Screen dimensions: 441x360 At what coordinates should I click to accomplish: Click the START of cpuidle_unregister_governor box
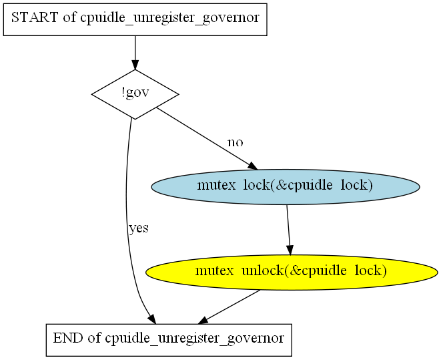(135, 19)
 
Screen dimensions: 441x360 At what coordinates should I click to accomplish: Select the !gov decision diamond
(135, 94)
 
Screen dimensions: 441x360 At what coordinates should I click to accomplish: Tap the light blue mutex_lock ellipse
(286, 187)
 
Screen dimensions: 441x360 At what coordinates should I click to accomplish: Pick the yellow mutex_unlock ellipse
(292, 273)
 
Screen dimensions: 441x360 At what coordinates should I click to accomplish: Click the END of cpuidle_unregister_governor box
(169, 340)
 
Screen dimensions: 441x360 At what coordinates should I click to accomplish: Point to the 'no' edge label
(235, 142)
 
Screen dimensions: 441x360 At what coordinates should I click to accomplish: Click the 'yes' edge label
(139, 228)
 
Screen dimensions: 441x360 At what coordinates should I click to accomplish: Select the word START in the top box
(34, 17)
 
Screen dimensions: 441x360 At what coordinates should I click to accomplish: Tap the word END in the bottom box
(68, 338)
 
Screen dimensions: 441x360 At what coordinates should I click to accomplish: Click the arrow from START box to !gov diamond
(135, 53)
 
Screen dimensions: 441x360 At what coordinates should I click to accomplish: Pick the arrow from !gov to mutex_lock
(207, 138)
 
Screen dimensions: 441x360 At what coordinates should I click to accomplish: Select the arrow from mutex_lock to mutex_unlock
(289, 230)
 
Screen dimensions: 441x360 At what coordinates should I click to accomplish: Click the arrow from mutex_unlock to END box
(230, 307)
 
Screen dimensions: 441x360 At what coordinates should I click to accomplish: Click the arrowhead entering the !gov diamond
(135, 65)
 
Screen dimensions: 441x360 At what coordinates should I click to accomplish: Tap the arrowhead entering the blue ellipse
(252, 166)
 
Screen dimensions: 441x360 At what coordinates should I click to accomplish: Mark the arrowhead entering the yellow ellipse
(290, 250)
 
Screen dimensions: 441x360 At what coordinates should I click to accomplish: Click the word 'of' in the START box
(69, 17)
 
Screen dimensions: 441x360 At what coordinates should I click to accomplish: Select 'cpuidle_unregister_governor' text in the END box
(194, 339)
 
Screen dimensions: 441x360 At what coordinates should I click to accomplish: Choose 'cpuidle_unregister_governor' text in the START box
(169, 18)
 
